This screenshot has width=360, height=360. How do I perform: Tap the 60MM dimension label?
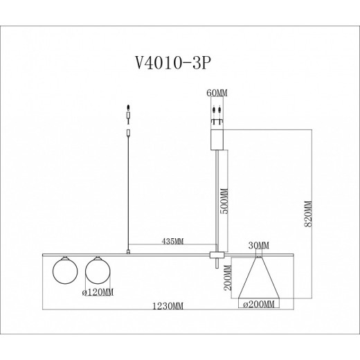click(217, 92)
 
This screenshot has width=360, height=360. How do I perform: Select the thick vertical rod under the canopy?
click(218, 201)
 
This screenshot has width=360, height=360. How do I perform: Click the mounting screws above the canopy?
click(217, 110)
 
